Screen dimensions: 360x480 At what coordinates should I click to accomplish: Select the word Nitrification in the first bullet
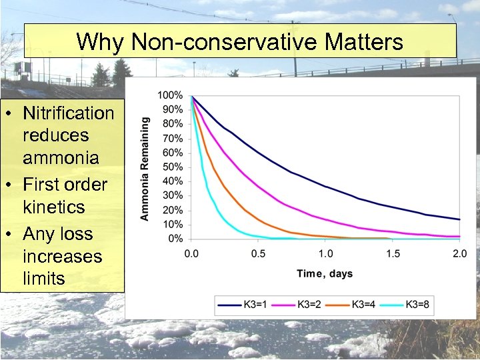pos(68,113)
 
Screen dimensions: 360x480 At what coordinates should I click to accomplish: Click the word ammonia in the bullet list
pos(61,158)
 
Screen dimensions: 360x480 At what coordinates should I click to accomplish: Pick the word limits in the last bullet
pos(44,279)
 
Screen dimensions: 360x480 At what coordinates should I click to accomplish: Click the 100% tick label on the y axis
pos(171,95)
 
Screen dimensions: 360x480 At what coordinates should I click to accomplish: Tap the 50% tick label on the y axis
pos(173,167)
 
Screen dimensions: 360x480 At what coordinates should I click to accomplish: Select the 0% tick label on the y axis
pos(175,239)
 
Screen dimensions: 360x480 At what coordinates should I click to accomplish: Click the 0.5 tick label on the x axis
pos(258,254)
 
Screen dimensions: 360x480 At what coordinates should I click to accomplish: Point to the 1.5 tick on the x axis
pos(393,254)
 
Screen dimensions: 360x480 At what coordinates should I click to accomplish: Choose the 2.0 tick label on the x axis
pos(459,254)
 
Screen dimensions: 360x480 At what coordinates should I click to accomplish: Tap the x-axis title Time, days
pos(325,273)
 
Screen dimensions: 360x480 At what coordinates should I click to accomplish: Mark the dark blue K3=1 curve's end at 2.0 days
pos(459,219)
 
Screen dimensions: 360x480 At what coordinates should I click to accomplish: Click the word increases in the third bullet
pos(63,256)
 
